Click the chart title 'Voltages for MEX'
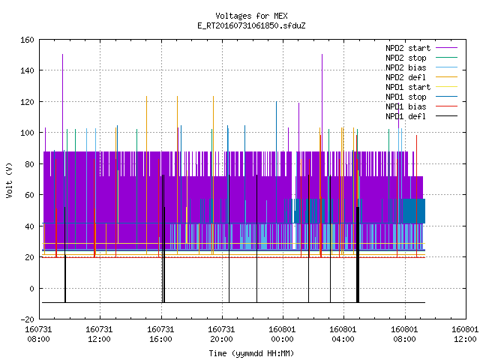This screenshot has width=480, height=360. (251, 16)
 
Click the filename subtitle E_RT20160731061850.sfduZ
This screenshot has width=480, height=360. (251, 25)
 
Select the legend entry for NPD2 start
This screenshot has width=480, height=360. (421, 48)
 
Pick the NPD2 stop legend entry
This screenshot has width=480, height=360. (421, 58)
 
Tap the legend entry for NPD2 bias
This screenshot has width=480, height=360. (421, 67)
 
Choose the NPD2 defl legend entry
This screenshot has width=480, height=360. (421, 77)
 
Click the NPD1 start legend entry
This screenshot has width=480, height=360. (421, 87)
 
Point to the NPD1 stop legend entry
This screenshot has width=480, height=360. (421, 97)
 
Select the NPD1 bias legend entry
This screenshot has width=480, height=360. (421, 106)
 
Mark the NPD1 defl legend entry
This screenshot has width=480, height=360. (421, 117)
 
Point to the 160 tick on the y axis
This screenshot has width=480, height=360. (27, 40)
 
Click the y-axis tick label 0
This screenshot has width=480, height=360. (31, 289)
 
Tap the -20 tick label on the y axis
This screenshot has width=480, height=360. (27, 319)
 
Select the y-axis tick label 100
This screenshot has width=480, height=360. (27, 133)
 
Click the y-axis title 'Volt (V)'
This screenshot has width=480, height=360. (10, 180)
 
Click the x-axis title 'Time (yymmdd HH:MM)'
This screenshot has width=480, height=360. (251, 353)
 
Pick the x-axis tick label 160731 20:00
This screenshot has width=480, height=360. (221, 334)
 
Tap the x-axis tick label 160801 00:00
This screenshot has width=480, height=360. (282, 334)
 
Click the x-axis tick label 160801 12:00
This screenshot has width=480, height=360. (465, 334)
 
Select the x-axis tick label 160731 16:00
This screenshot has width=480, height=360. (160, 334)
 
